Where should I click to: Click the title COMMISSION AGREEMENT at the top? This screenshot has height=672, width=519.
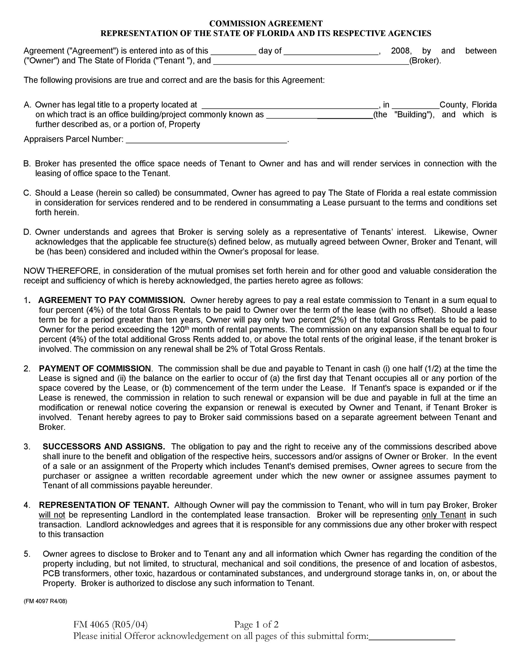[x=266, y=23]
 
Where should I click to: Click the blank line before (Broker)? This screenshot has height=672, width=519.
[x=311, y=61]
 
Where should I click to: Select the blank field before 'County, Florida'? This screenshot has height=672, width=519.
[x=415, y=105]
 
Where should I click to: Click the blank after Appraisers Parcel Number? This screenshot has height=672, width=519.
[x=206, y=140]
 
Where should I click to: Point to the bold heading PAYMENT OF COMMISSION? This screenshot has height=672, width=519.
[x=95, y=368]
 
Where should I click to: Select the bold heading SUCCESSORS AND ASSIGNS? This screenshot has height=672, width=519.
[x=104, y=446]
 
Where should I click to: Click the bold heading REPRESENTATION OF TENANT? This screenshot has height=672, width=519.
[x=104, y=505]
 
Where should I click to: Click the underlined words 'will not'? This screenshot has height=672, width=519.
[x=52, y=515]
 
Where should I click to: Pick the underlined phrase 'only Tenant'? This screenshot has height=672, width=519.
[x=444, y=515]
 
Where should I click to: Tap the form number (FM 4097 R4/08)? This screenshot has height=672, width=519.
[x=45, y=601]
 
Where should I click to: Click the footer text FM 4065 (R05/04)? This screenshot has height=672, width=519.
[x=110, y=624]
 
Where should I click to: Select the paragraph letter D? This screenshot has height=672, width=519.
[x=27, y=232]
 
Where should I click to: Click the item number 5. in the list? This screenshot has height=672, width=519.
[x=27, y=554]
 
